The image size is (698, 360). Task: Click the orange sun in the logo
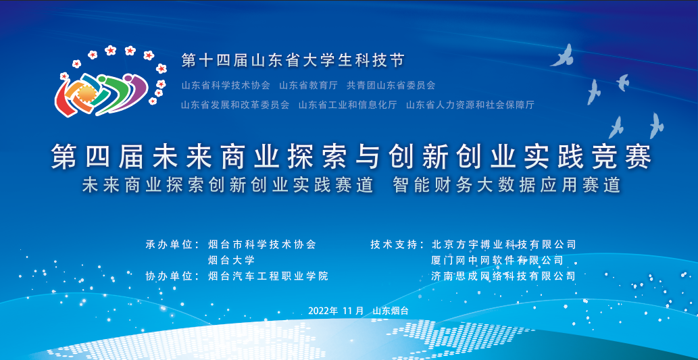pos(84,93)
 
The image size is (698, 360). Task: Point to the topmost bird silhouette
pos(563,55)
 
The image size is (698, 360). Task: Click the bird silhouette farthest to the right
pos(655,126)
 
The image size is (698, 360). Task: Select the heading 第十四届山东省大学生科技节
pos(293,60)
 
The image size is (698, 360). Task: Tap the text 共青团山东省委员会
pos(391,85)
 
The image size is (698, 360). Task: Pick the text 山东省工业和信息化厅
pos(348,105)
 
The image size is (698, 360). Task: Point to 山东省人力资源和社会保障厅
pos(470,105)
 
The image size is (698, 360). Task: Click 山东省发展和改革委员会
pos(236,105)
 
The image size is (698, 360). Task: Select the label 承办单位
pos(168,245)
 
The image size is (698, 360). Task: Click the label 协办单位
pos(168,276)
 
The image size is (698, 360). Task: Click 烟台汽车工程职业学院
pos(268,276)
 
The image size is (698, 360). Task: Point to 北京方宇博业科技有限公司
pos(504,245)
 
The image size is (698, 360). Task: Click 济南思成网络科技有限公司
pos(504,276)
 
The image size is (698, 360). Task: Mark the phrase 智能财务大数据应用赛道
pos(507,185)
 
